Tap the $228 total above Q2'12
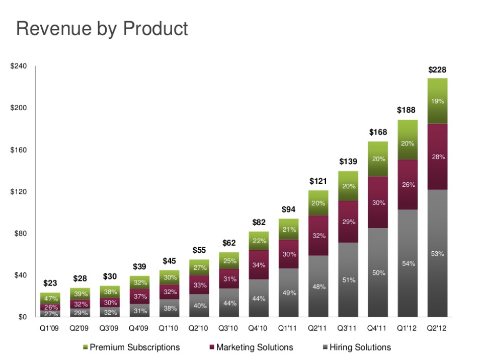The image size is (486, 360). pos(437,70)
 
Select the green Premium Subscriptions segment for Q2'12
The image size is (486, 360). pos(437,101)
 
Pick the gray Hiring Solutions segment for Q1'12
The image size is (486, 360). pos(408,263)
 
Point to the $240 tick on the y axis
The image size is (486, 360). pos(20,66)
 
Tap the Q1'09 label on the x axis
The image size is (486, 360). pos(50,327)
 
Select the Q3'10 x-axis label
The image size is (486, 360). pos(228,327)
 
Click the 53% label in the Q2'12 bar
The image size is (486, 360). pos(437,254)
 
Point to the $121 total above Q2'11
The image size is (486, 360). pos(318,181)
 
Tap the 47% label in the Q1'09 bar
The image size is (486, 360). pos(50,299)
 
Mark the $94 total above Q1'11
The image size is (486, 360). pos(288,209)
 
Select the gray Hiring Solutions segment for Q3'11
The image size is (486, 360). pos(348,279)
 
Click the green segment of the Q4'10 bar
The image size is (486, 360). pos(259,241)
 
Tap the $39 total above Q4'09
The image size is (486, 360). pos(139,266)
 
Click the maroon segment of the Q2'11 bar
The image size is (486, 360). pos(318,235)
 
